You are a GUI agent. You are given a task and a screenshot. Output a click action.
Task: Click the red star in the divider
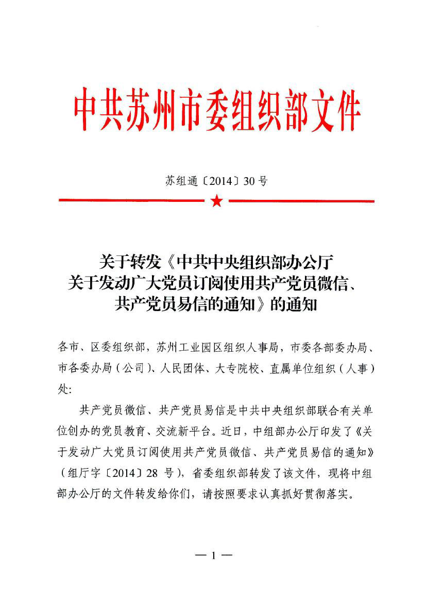coord(217,201)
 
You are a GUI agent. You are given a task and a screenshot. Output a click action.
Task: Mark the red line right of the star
coord(301,201)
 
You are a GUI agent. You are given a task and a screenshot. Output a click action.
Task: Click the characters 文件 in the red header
coord(334,110)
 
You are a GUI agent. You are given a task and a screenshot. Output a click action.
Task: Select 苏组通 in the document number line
coord(178,181)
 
